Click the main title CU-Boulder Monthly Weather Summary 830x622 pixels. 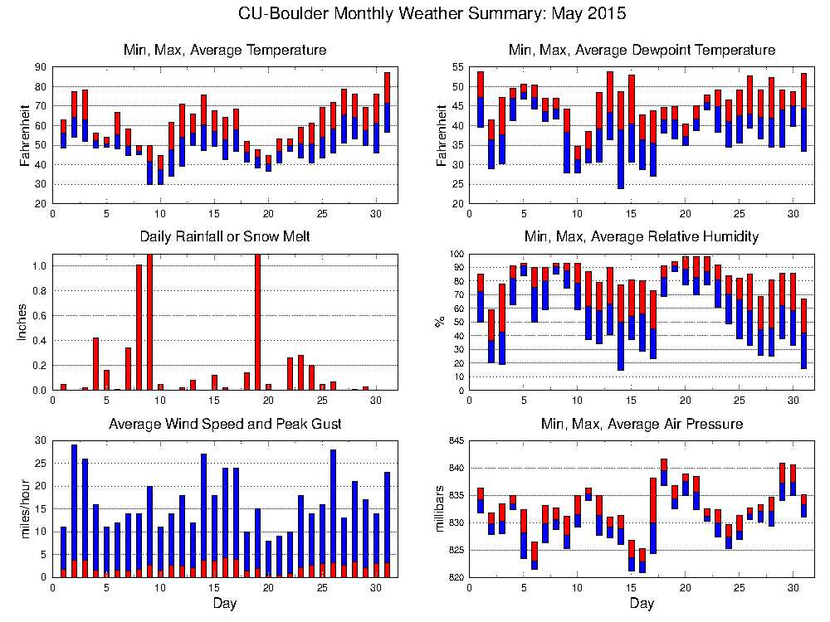[x=432, y=14]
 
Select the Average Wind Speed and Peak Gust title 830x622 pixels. [x=225, y=424]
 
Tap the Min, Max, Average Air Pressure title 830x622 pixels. [x=642, y=424]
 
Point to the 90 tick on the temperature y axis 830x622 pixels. [x=40, y=67]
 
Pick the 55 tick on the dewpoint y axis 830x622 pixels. [x=455, y=67]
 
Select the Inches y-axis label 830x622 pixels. [x=22, y=322]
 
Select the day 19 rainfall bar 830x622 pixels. [x=257, y=323]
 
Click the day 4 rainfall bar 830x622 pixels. [x=96, y=363]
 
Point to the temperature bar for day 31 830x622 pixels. [x=387, y=102]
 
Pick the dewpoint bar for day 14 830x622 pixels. [x=621, y=139]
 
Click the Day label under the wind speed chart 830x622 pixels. [x=225, y=602]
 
